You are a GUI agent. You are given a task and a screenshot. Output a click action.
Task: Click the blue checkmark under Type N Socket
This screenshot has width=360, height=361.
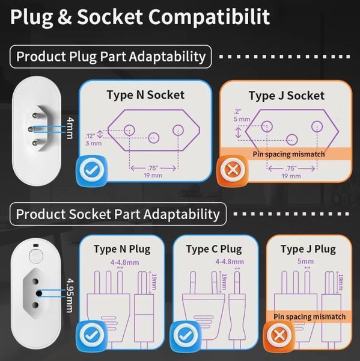click(92, 170)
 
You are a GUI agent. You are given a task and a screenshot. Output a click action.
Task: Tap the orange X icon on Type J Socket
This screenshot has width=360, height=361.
click(232, 170)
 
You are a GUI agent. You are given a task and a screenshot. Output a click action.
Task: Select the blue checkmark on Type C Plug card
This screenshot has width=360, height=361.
click(185, 336)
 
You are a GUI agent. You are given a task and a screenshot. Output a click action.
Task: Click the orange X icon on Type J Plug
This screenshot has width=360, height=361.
click(279, 335)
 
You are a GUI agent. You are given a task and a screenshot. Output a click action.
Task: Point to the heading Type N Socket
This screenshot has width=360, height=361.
click(145, 95)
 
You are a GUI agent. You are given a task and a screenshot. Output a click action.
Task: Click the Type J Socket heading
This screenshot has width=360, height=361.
click(287, 96)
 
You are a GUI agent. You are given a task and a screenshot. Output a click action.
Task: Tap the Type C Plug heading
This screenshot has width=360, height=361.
click(214, 249)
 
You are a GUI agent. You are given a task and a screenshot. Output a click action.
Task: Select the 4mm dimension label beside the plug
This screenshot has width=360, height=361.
click(70, 128)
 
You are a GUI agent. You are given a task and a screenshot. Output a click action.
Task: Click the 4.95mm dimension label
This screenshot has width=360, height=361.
click(70, 295)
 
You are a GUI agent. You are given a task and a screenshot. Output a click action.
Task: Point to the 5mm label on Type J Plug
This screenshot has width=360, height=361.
click(305, 261)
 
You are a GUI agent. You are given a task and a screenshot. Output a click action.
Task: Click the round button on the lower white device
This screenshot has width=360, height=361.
click(36, 256)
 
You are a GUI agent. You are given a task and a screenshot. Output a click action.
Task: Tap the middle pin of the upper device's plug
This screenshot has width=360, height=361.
click(30, 129)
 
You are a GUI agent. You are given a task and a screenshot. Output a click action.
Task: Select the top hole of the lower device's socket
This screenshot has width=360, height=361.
click(35, 281)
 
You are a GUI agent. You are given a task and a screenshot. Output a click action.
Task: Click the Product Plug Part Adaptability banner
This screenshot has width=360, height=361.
click(111, 57)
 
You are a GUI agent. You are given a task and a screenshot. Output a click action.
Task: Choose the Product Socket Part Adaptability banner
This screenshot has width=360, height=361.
click(118, 214)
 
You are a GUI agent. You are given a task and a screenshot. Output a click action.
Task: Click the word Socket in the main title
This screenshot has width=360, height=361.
click(110, 17)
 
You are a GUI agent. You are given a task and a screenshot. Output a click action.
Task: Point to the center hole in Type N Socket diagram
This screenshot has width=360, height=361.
click(154, 138)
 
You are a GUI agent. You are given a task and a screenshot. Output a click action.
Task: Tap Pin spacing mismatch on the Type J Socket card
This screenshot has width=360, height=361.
click(288, 154)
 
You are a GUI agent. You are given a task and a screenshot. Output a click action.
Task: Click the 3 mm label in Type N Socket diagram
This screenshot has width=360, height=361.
click(93, 143)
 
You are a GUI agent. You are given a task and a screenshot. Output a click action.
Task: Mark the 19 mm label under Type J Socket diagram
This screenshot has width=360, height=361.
click(291, 176)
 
